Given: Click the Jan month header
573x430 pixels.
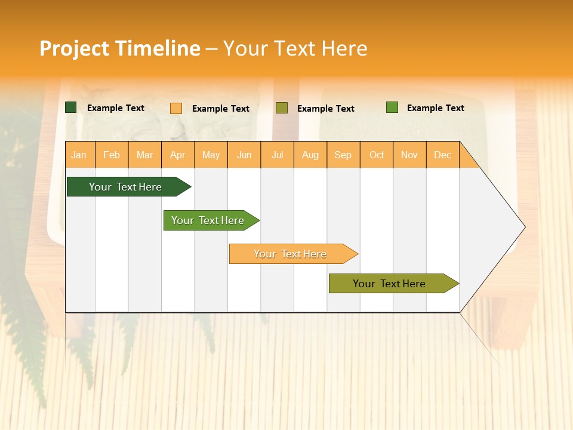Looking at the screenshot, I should [79, 155].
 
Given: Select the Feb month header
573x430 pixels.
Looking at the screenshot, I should [112, 155].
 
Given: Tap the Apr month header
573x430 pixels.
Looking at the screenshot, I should [177, 155].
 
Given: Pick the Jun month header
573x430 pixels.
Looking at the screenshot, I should [244, 155].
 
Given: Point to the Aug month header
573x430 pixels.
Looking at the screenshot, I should [310, 155].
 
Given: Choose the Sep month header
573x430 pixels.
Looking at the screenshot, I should [343, 155].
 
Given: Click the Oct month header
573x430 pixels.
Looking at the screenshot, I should [377, 155].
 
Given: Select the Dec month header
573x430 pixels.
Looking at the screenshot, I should [442, 155].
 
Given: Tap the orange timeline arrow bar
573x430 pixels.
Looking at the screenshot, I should [291, 254].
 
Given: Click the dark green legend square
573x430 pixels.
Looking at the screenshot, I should [71, 107].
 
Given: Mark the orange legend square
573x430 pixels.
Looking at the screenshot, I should [176, 108].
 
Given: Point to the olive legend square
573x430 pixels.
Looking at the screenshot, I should [282, 108].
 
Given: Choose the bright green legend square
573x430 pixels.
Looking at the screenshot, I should [392, 107].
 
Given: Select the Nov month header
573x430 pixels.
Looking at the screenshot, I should [409, 155].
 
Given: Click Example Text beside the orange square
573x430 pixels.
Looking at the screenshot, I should [220, 109].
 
